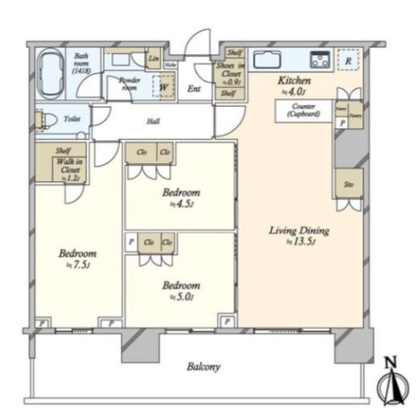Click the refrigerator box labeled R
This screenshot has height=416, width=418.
click(347, 60)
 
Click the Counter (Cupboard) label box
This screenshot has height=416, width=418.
click(303, 110)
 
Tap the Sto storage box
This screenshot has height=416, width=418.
click(348, 183)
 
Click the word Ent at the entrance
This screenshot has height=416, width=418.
click(194, 89)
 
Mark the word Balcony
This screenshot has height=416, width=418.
click(203, 367)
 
